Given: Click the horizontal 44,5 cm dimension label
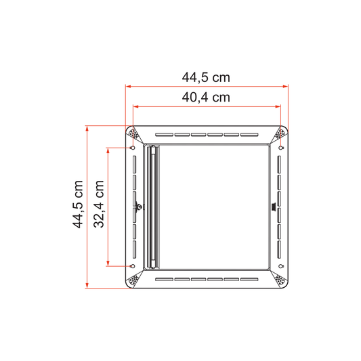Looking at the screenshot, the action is click(206, 77).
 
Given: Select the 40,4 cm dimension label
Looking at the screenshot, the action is click(206, 98).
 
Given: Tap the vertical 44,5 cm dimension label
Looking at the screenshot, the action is click(78, 205).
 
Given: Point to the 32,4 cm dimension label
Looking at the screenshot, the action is click(98, 205).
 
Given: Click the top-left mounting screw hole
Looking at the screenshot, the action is click(133, 148).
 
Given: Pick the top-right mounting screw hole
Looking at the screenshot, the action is click(280, 148).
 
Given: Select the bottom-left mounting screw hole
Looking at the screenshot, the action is click(133, 266).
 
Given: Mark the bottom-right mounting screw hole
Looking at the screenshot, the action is click(280, 266).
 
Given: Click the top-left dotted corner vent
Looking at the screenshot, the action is click(133, 133).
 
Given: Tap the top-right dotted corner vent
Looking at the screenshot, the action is click(280, 133).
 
